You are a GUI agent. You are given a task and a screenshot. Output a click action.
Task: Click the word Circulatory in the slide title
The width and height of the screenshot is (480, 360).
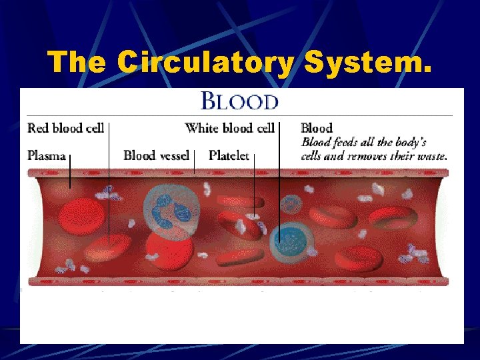click(203, 63)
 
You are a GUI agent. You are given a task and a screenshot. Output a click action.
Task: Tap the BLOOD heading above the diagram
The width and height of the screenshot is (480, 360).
click(240, 102)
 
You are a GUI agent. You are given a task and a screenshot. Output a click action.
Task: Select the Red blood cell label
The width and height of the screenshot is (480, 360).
click(65, 128)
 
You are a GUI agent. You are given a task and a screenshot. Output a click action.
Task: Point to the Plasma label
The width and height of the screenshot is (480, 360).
click(47, 156)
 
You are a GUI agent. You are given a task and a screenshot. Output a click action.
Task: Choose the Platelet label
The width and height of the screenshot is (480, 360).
click(229, 156)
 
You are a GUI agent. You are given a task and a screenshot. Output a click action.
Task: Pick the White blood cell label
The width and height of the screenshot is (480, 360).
click(229, 128)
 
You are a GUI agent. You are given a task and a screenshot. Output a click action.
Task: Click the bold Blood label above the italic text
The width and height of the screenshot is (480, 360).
click(317, 128)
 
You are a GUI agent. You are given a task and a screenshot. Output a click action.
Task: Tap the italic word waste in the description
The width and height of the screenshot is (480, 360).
click(430, 157)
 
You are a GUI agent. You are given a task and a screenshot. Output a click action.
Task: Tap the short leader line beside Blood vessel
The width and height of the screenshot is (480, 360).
click(194, 162)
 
